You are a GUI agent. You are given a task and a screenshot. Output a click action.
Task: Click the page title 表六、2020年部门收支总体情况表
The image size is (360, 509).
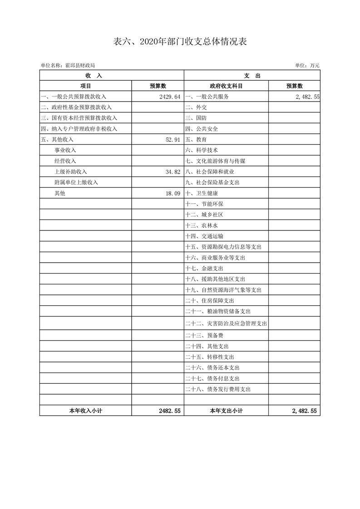pyautogui.click(x=180, y=42)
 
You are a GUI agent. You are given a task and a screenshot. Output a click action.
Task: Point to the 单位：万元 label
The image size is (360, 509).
pyautogui.click(x=307, y=66)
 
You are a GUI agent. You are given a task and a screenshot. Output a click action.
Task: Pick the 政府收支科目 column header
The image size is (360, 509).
pyautogui.click(x=226, y=86)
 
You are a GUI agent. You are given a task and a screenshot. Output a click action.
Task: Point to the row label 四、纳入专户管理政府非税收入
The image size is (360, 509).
pyautogui.click(x=79, y=129)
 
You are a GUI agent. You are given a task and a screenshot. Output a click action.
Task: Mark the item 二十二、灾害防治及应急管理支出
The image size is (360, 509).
pyautogui.click(x=226, y=324)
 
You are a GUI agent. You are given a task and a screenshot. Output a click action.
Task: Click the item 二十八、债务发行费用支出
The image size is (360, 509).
pyautogui.click(x=218, y=389)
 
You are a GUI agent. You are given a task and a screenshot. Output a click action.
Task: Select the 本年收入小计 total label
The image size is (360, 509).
pyautogui.click(x=85, y=411)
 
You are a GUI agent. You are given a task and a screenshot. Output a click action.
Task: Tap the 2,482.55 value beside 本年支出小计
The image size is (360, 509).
pyautogui.click(x=306, y=411)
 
